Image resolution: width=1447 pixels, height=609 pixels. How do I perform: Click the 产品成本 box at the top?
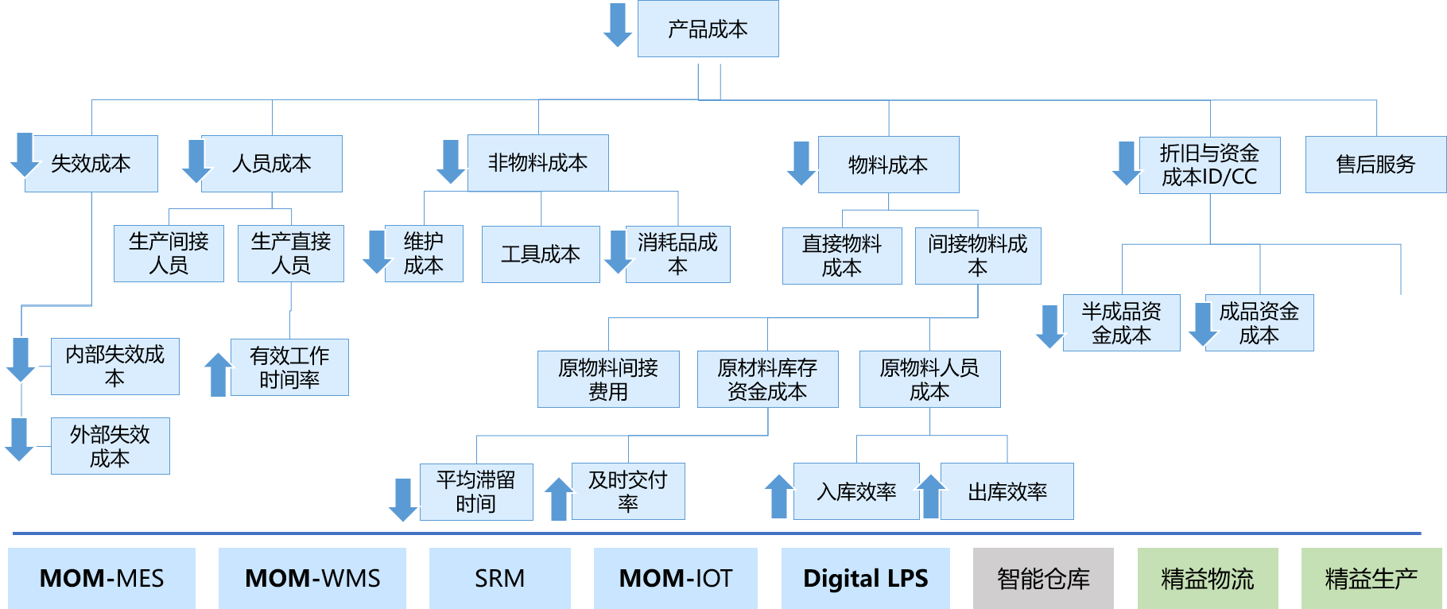[x=708, y=29]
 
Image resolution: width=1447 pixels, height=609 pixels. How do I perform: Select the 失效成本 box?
[x=91, y=164]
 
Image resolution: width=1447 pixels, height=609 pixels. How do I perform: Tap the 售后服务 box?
[x=1375, y=165]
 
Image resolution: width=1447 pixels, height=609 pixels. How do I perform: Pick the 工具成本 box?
[x=541, y=254]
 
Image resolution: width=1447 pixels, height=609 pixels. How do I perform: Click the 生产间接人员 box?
[x=169, y=254]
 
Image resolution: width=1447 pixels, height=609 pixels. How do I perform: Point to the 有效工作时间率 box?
[x=289, y=367]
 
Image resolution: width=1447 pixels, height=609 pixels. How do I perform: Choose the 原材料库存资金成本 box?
[x=767, y=379]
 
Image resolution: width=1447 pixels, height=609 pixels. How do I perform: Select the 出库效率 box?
[x=1007, y=492]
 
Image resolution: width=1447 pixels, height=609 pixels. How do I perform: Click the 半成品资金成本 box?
[x=1121, y=323]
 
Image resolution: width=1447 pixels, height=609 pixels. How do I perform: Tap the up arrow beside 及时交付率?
[x=558, y=498]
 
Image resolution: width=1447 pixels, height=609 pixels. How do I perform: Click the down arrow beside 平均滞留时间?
[x=402, y=499]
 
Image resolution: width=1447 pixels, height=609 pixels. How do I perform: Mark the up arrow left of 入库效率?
[x=778, y=495]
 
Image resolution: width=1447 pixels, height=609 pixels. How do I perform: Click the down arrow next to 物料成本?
[x=801, y=163]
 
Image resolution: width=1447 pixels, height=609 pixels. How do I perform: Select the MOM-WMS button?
[x=312, y=578]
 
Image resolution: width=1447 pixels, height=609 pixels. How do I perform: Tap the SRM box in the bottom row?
[x=500, y=578]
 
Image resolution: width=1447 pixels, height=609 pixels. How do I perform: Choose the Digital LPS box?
[x=865, y=578]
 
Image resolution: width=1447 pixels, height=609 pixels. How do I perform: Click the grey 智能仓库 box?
[x=1043, y=578]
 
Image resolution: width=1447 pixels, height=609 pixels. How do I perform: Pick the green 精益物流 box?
[x=1208, y=578]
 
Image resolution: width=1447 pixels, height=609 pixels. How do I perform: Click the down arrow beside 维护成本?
[x=374, y=252]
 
